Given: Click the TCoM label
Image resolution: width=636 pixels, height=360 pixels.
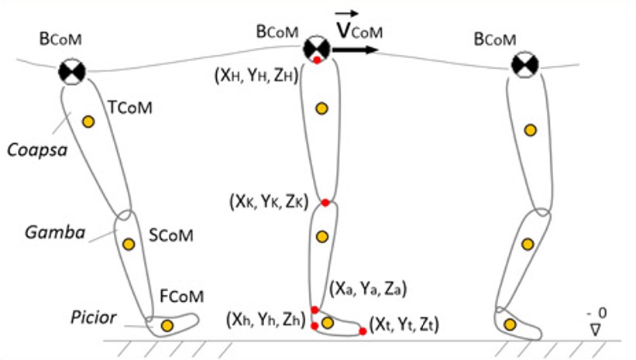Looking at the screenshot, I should click(130, 108).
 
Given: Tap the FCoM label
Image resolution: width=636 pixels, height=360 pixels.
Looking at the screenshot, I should click(182, 296).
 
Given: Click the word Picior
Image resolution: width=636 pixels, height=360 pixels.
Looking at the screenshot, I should click(93, 317).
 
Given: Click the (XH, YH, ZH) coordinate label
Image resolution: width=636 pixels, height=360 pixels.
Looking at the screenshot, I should click(256, 77).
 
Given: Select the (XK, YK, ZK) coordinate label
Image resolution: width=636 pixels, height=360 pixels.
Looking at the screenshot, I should click(268, 202).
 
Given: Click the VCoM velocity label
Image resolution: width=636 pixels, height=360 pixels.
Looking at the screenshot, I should click(359, 29).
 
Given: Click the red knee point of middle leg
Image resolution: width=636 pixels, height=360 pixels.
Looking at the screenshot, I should click(326, 203).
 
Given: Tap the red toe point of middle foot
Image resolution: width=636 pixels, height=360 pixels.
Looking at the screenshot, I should click(363, 331).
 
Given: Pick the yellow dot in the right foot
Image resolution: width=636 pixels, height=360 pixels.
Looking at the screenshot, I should click(510, 324).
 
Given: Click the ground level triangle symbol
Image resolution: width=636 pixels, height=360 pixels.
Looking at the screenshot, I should click(596, 328).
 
